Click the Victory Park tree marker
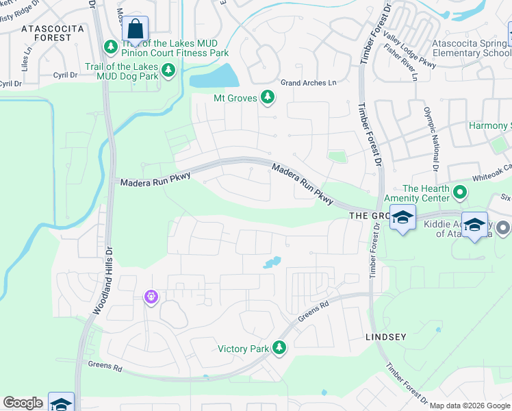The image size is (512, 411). [279, 348]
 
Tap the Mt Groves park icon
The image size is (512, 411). [268, 98]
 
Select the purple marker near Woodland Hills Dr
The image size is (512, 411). [151, 297]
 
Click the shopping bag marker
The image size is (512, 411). [136, 29]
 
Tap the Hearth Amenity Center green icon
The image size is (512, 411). [460, 194]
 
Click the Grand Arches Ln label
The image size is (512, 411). [309, 83]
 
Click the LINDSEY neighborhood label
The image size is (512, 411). [386, 337]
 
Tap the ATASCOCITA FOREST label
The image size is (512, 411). [52, 33]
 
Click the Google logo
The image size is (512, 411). [23, 403]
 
